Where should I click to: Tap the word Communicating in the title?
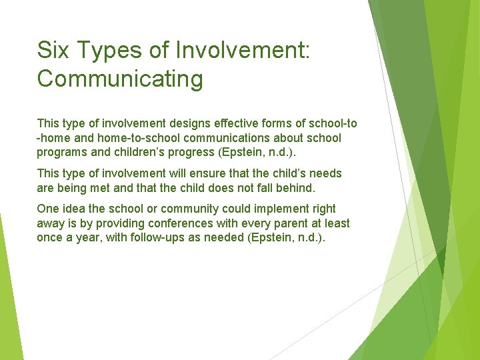click(x=120, y=79)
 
